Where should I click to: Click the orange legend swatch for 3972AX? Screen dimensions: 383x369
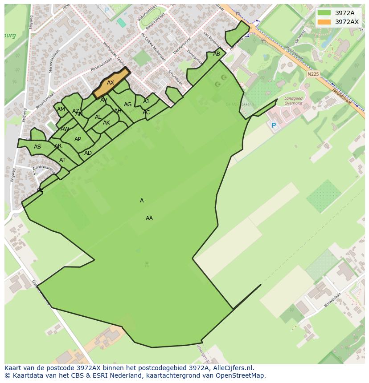tap(324, 22)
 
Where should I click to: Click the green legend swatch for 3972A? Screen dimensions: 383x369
tap(324, 13)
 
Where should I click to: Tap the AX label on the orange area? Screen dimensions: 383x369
tap(111, 83)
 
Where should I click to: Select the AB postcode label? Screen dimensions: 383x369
tap(217, 54)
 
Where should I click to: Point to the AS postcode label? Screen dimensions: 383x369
tap(37, 147)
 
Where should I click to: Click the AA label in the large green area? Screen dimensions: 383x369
tap(149, 218)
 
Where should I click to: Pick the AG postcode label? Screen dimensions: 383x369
tap(128, 105)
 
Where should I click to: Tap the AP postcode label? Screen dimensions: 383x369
tap(78, 139)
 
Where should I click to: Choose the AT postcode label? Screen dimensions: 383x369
tap(62, 160)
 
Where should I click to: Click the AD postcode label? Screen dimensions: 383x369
tap(88, 153)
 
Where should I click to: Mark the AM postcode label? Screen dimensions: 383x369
tap(61, 109)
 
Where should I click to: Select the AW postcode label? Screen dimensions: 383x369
tap(65, 129)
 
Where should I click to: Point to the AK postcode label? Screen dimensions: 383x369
tap(107, 123)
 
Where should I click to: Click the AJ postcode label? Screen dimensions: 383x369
tap(146, 101)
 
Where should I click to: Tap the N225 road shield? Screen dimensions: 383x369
tap(313, 74)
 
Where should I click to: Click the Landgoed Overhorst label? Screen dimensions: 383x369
tap(293, 101)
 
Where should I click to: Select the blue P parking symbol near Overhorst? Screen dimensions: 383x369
tap(274, 126)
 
